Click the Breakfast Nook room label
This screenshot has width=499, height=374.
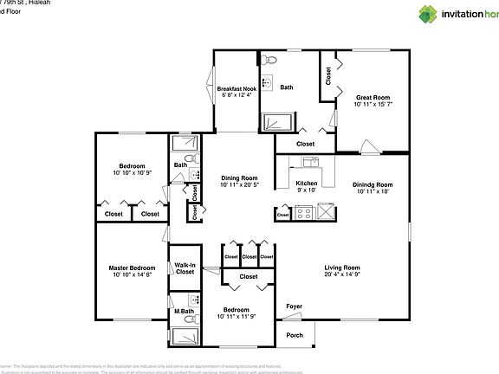[x=237, y=88]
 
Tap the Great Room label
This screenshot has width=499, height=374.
[x=373, y=98]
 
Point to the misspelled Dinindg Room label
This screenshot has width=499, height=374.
[x=373, y=184]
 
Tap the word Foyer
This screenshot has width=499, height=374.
[x=295, y=306]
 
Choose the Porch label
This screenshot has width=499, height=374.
[x=295, y=335]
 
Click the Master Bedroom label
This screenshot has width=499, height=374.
[x=132, y=268]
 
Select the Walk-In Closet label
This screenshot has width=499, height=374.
[x=185, y=268]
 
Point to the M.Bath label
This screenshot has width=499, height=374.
[x=182, y=311]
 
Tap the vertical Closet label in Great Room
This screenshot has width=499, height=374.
[x=328, y=75]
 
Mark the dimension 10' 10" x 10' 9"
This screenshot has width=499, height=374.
[x=132, y=173]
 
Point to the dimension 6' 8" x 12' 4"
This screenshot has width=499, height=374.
[x=237, y=96]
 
